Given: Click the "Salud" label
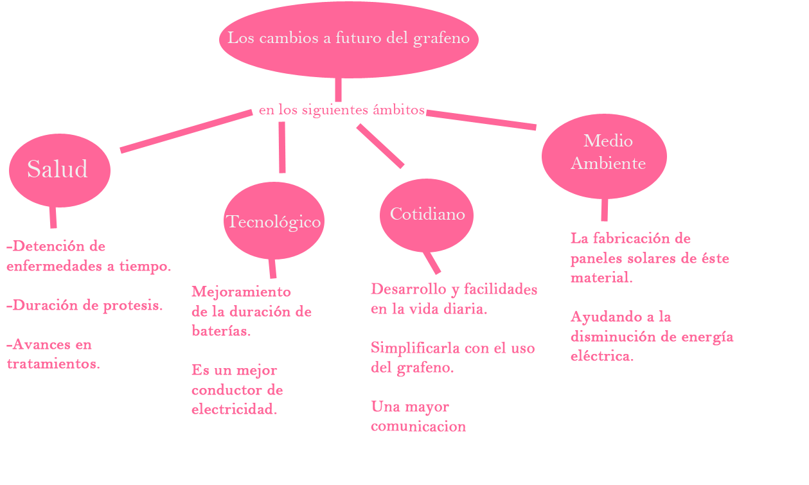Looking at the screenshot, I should [57, 170].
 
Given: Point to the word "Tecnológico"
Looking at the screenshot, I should [274, 222].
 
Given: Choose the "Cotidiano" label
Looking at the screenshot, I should [427, 214].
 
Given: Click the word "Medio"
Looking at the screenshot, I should [608, 141].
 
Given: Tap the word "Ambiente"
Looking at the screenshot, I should [608, 163].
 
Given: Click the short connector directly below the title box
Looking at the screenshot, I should [338, 90].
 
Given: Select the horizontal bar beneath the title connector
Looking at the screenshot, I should [341, 110].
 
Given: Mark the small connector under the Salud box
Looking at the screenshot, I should [53, 218].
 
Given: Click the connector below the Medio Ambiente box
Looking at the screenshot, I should [605, 210].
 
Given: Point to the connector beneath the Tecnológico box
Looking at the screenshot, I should [272, 269].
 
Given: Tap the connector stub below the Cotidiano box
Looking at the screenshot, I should [431, 263].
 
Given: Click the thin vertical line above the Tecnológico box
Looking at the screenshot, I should [282, 147].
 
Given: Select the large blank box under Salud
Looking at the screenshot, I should [89, 304].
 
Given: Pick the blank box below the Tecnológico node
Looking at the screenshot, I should [251, 349].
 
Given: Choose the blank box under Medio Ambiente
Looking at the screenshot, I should [639, 296].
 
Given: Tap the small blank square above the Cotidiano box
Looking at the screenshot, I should [380, 146].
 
